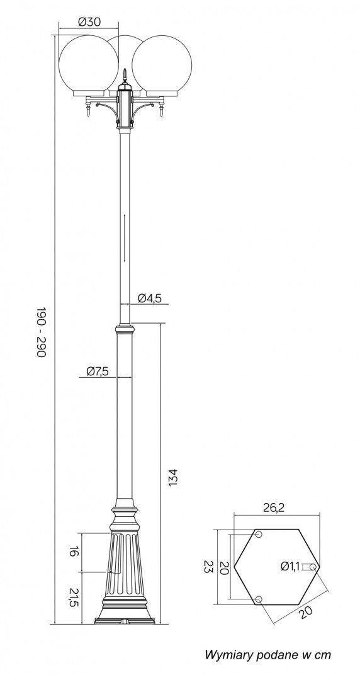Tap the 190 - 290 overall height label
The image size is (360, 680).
[x=41, y=332]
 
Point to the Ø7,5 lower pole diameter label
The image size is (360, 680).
[x=97, y=371]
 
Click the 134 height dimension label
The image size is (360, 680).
[x=172, y=477]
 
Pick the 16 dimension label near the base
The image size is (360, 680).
[x=74, y=552]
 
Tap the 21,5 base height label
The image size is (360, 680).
[x=74, y=598]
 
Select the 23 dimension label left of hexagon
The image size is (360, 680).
[x=208, y=567]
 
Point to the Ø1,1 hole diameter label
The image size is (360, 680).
[x=290, y=565]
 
